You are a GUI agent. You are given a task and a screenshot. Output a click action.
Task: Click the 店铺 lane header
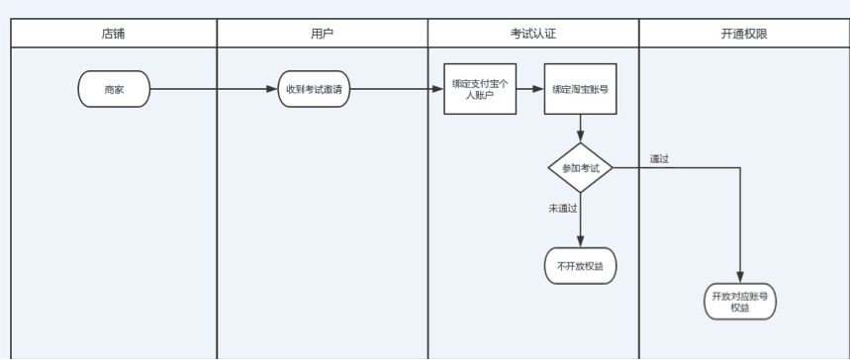click(113, 33)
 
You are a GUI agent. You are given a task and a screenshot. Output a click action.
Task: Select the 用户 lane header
click(322, 33)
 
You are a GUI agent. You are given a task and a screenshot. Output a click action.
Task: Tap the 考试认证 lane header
click(532, 33)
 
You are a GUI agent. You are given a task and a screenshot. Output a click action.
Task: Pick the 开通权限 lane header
click(744, 33)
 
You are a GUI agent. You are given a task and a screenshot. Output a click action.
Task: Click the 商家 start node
click(113, 89)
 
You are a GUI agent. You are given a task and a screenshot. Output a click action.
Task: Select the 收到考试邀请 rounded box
click(314, 89)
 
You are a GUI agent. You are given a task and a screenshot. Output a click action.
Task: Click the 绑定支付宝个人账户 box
click(480, 89)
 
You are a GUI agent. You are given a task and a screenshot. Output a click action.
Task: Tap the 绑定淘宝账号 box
click(580, 89)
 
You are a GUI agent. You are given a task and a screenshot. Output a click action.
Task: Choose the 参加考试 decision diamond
click(580, 168)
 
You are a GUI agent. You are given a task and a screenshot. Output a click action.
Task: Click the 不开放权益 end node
click(580, 266)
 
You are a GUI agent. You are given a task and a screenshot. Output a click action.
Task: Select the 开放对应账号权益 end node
click(740, 302)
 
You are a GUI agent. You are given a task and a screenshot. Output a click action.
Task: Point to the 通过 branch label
click(659, 158)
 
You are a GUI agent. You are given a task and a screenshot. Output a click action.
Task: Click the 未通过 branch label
click(563, 208)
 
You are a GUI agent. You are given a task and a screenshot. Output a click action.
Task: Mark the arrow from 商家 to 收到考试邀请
click(213, 89)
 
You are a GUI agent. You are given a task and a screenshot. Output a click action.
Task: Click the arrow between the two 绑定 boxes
click(530, 89)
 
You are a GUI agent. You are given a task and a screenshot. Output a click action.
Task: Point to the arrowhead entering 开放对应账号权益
click(740, 279)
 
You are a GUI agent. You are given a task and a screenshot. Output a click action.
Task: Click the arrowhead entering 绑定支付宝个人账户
click(438, 89)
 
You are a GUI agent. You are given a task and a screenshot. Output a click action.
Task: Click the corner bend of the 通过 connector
click(740, 168)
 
